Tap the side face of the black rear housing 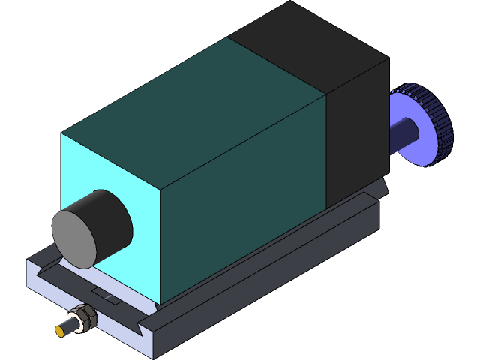tap(356, 135)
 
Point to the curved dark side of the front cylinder tap(112, 217)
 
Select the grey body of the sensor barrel tap(74, 323)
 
